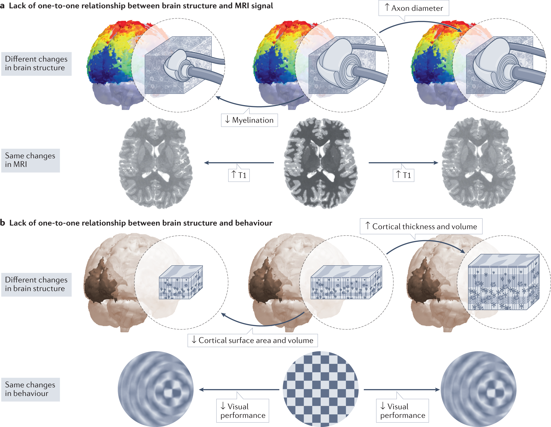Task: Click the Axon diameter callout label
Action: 414,8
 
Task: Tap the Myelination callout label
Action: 249,120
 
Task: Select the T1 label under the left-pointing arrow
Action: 239,175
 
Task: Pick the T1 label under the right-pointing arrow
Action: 404,175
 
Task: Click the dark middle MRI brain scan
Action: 321,163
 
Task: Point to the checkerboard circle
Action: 321,389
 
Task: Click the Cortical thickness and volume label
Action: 421,226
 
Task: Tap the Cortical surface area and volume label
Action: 253,340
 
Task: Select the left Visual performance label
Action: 243,411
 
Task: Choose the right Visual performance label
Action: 402,411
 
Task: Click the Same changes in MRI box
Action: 30,160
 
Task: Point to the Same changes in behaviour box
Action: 30,389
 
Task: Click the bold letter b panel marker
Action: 3,223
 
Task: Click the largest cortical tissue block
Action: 504,282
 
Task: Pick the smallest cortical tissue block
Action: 181,282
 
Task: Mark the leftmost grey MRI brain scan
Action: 156,163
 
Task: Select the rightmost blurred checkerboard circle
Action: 478,389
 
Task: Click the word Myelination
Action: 253,120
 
